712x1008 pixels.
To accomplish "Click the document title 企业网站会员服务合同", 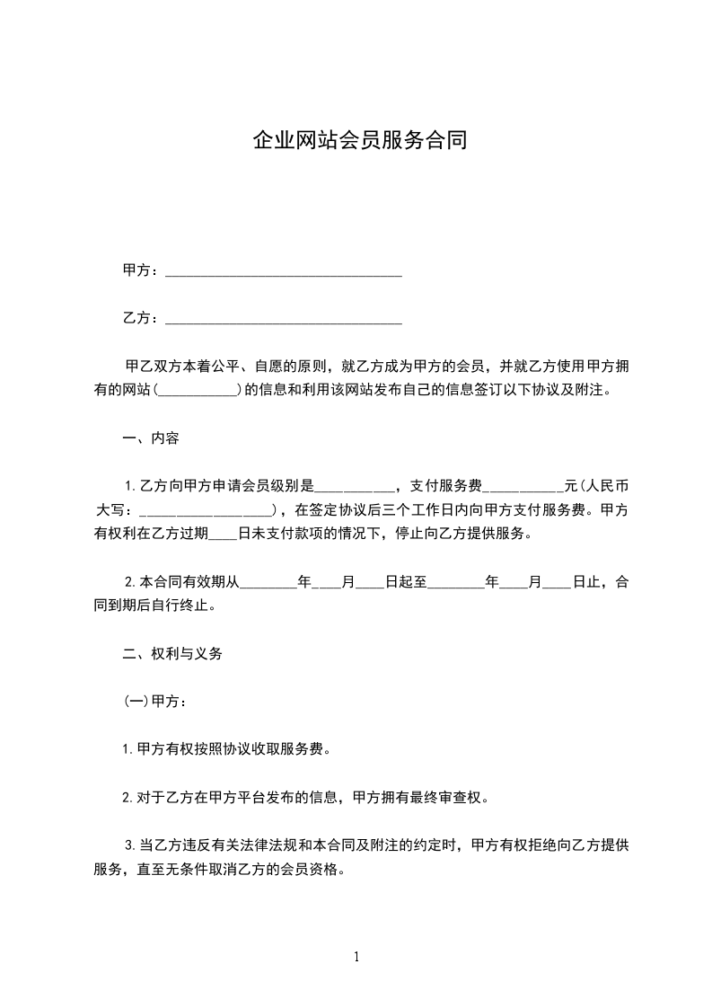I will [359, 141].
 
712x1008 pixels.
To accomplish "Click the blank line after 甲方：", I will [284, 272].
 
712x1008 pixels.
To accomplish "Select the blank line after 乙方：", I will [284, 319].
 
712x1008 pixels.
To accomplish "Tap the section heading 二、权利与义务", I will [172, 653].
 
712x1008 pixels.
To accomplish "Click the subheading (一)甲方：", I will [154, 701].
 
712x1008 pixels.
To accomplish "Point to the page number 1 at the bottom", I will [356, 957].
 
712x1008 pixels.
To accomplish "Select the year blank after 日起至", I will [456, 583].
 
